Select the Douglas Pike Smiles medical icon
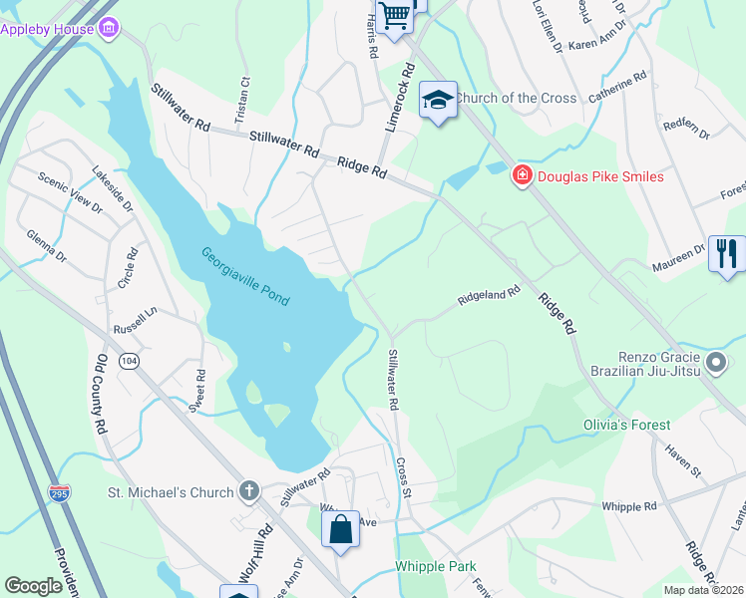click(x=521, y=176)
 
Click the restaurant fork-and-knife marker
click(x=726, y=252)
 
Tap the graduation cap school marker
click(x=437, y=100)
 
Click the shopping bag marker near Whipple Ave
click(x=341, y=528)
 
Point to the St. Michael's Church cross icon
click(x=248, y=491)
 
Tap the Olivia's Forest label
click(x=626, y=425)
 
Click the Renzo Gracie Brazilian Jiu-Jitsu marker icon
click(x=714, y=362)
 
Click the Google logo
click(x=34, y=586)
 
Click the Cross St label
click(x=403, y=476)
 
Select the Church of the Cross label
click(x=517, y=98)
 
